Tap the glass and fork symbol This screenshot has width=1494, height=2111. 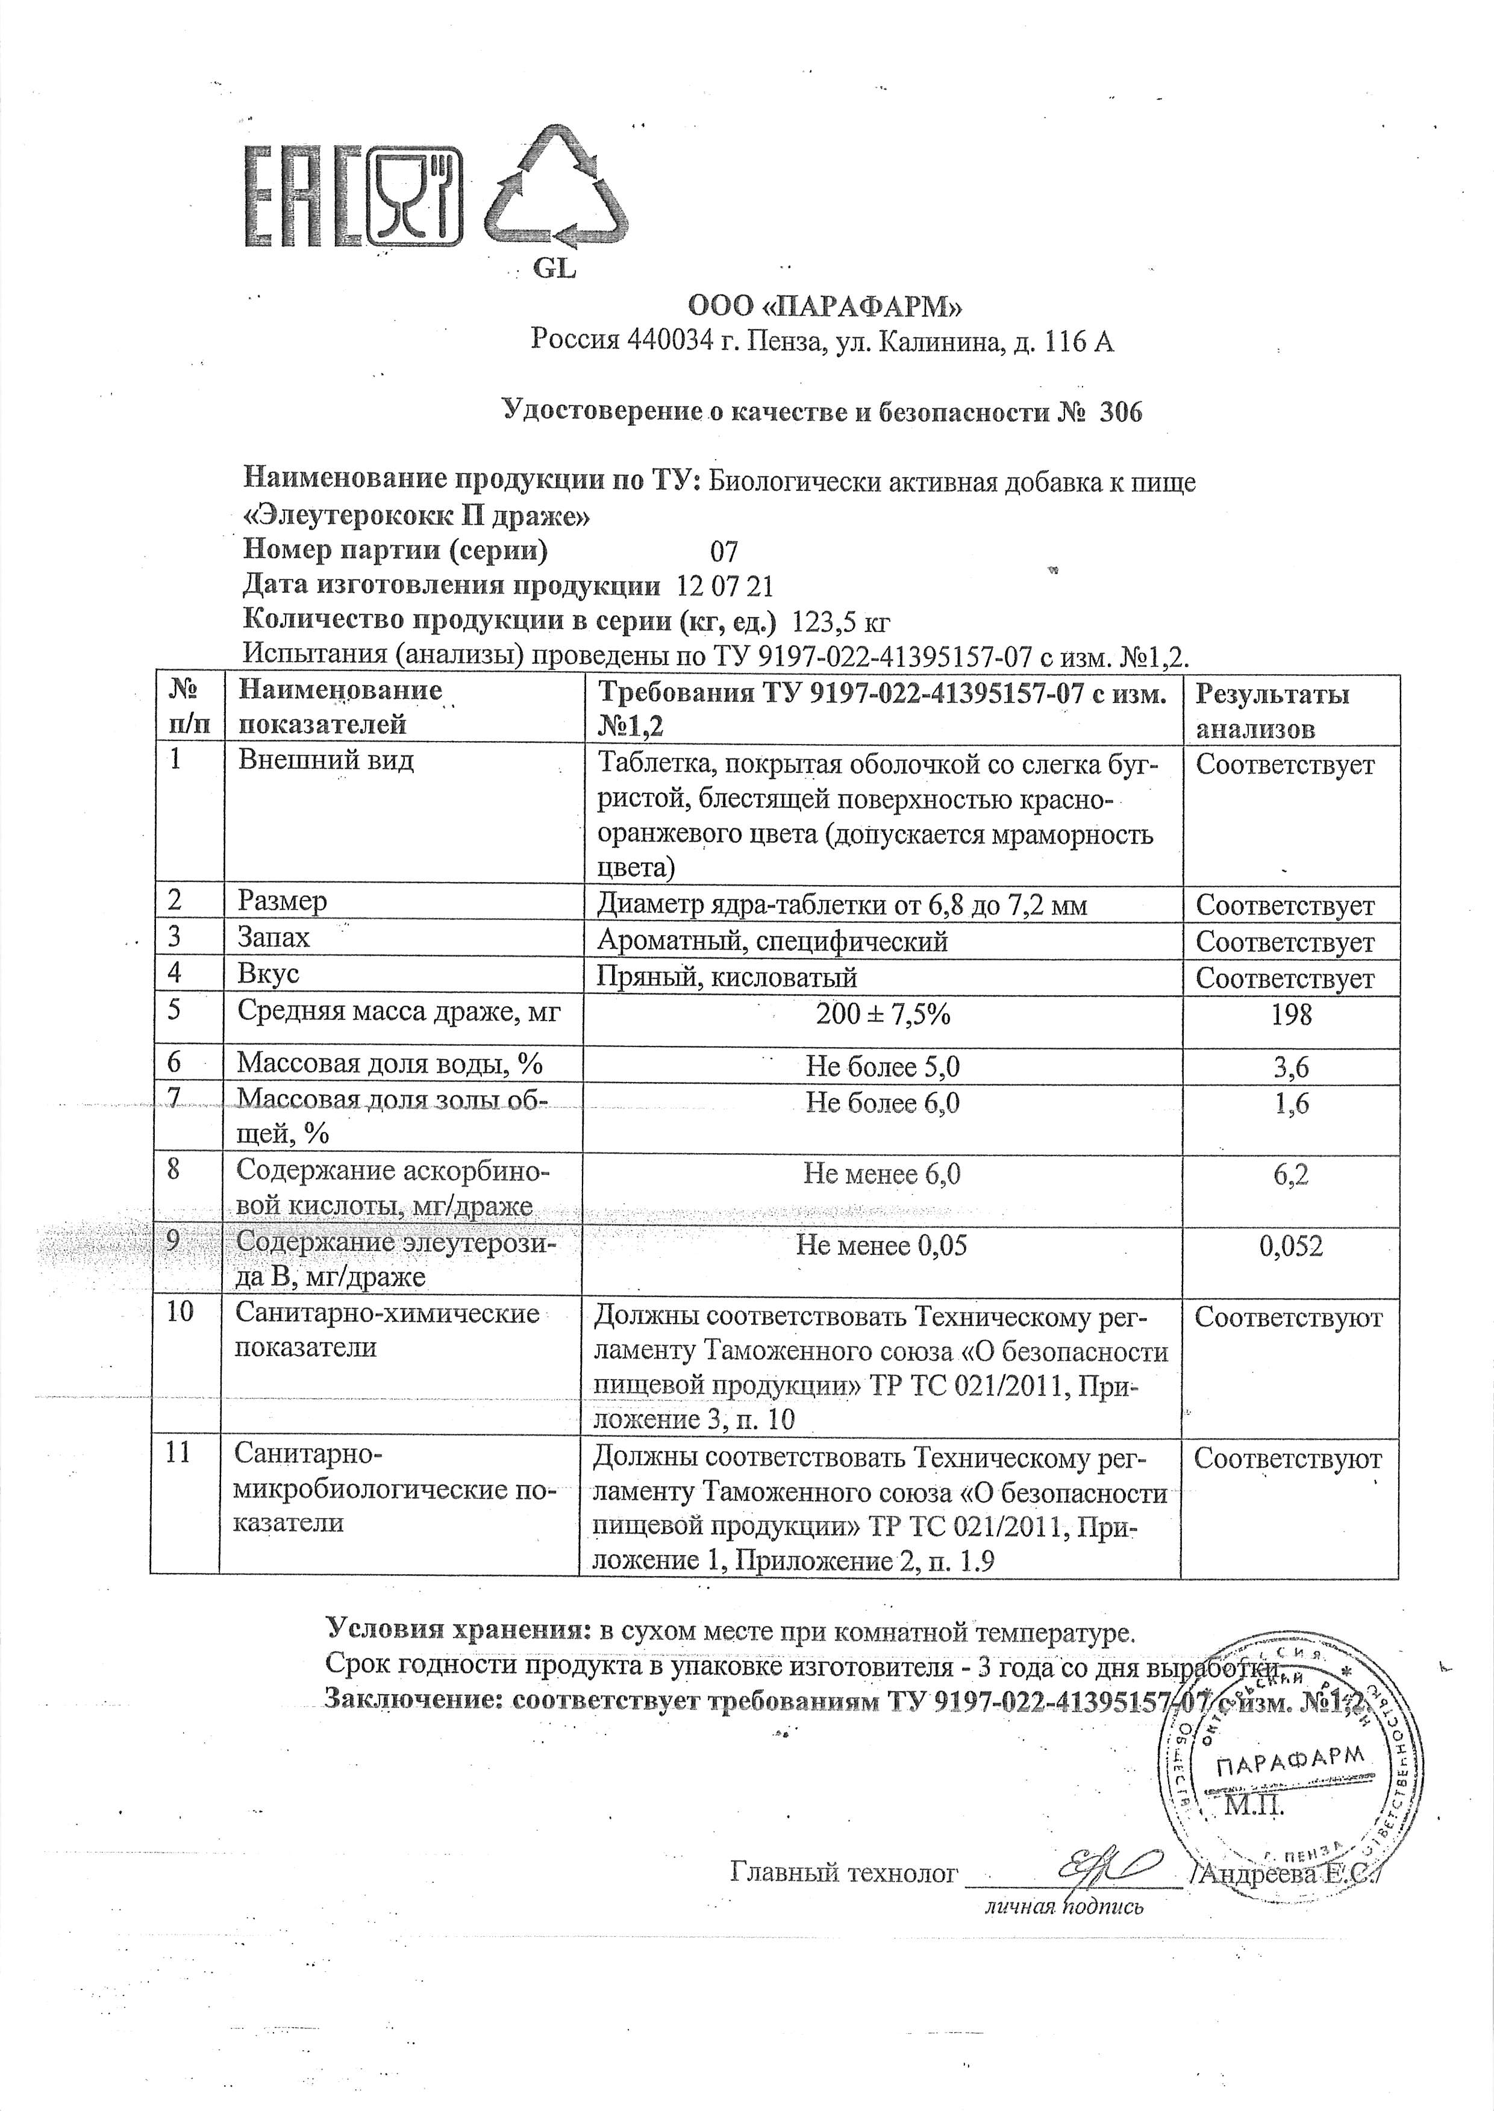[x=414, y=196]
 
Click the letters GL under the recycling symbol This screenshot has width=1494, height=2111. [x=555, y=269]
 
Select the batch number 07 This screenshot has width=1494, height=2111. [x=724, y=551]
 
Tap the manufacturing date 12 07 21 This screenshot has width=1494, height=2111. [x=725, y=587]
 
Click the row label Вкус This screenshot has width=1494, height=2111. [x=269, y=973]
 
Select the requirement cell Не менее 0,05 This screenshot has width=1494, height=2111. [x=881, y=1245]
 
